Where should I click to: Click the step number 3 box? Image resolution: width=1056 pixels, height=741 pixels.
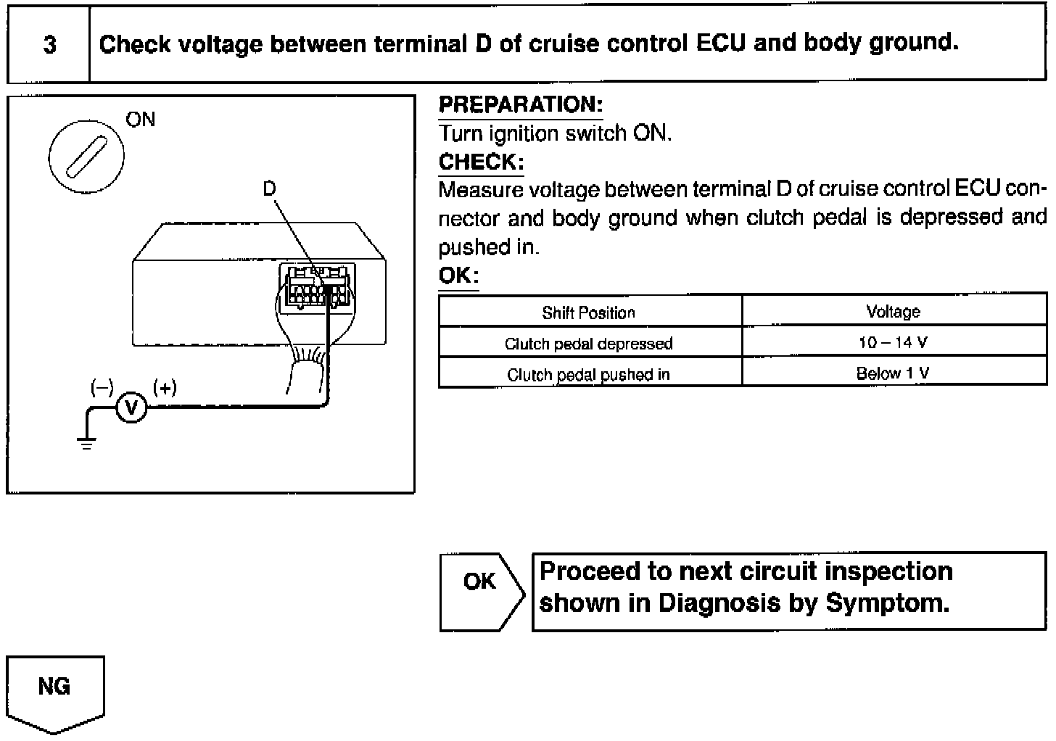[x=49, y=45]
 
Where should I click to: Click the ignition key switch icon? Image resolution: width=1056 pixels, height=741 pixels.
[x=86, y=156]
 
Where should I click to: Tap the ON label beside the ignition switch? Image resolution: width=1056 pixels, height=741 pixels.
[x=140, y=119]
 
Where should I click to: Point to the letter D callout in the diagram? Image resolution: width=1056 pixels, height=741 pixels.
[x=269, y=189]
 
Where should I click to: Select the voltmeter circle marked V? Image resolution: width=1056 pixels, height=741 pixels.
[x=131, y=409]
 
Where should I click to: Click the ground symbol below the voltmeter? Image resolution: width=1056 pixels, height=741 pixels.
[x=87, y=443]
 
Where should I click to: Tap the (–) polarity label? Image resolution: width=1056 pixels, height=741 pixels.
[x=102, y=388]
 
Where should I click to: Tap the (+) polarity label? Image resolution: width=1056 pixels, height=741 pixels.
[x=165, y=388]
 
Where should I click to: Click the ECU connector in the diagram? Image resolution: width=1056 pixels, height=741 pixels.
[x=317, y=286]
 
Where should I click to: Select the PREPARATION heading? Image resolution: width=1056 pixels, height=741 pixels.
[x=521, y=105]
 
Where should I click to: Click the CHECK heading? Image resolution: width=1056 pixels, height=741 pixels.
[x=481, y=162]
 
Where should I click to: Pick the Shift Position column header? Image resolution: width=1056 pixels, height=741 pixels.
[x=589, y=312]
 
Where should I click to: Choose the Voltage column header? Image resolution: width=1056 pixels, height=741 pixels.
[x=893, y=312]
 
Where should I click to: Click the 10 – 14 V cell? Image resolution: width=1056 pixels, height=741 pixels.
[x=893, y=343]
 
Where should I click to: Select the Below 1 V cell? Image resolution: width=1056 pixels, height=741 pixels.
[x=893, y=373]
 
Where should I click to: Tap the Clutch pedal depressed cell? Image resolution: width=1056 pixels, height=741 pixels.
[x=589, y=344]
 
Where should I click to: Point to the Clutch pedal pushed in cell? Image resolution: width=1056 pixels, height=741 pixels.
[x=589, y=375]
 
